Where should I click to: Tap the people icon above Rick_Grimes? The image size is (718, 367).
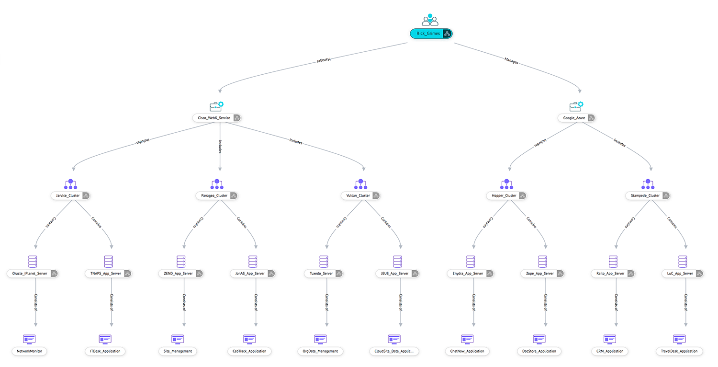[x=430, y=20]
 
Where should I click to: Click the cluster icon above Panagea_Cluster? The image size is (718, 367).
[x=217, y=184]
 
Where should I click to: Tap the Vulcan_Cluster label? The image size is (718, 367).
[x=358, y=195]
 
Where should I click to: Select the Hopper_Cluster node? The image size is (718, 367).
[x=504, y=195]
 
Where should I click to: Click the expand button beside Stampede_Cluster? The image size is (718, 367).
[x=665, y=195]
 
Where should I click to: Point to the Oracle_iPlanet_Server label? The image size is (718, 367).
[x=29, y=274]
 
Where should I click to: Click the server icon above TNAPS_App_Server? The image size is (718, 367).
[x=108, y=262]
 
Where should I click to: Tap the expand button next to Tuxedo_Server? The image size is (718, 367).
[x=338, y=274]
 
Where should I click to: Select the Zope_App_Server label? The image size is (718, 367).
[x=539, y=274]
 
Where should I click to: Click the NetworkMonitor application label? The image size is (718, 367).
[x=30, y=351]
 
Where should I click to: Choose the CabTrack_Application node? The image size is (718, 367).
[x=249, y=351]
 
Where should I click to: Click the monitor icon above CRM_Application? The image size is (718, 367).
[x=610, y=339]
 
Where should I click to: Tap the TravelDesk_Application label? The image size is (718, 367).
[x=679, y=351]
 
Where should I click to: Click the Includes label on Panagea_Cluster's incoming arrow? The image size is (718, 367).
[x=220, y=147]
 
